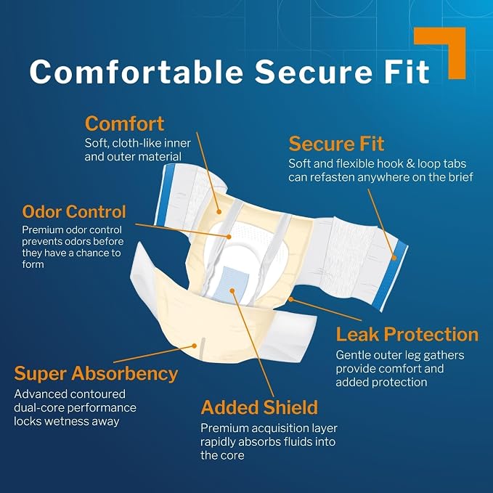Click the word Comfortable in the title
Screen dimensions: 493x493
pos(137,71)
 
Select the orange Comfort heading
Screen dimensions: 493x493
pos(124,123)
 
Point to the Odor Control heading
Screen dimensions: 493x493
pos(74,211)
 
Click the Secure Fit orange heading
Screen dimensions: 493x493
pos(336,144)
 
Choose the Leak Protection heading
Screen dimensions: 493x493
pos(407,334)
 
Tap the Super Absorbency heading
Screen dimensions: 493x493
pos(97,374)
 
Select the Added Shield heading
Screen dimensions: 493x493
pos(259,407)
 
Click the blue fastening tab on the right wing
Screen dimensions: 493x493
pos(391,276)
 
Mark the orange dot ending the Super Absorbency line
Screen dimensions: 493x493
pos(195,346)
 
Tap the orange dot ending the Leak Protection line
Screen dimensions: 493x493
pos(291,299)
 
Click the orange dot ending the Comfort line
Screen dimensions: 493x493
pos(219,212)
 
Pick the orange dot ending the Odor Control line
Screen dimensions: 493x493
pos(229,237)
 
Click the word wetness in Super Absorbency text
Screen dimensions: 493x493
pos(66,421)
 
